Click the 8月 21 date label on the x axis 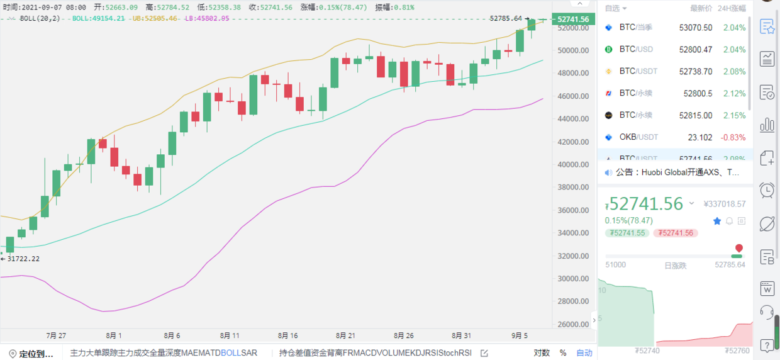tap(345, 335)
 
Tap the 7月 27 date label tap(56, 335)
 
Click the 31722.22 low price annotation tap(23, 259)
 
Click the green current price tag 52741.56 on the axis tap(572, 20)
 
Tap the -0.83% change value tap(733, 137)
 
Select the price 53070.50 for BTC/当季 tap(696, 28)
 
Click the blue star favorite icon tap(716, 221)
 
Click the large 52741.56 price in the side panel tap(645, 204)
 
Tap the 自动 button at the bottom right tap(584, 353)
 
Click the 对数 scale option tap(542, 353)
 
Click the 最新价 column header tap(701, 8)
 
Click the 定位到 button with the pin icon tap(31, 354)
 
